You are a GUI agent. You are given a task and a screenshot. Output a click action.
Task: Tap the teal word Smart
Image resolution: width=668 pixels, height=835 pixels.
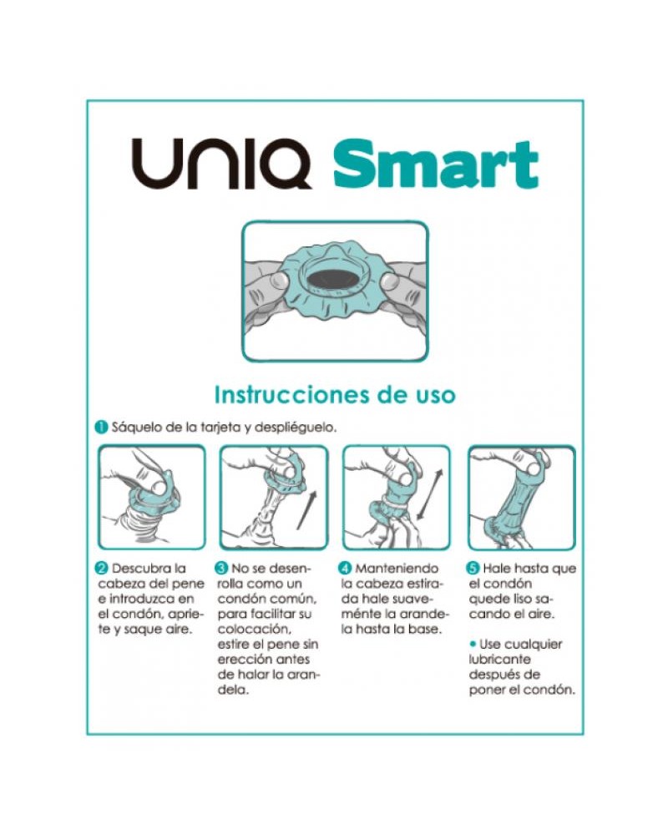click(x=435, y=164)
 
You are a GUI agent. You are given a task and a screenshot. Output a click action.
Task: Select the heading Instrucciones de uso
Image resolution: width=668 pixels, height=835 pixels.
click(x=335, y=393)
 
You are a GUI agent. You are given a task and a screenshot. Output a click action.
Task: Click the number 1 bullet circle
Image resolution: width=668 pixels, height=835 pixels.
click(x=99, y=428)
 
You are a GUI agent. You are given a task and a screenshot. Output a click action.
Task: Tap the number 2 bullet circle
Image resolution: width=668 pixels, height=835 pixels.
click(x=99, y=569)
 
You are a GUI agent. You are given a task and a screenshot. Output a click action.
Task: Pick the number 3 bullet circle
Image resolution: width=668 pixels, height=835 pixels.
click(x=222, y=569)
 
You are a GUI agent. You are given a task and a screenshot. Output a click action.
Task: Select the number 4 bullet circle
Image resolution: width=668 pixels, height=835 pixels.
click(x=347, y=569)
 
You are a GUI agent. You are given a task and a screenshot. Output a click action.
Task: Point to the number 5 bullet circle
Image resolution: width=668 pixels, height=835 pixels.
click(x=473, y=569)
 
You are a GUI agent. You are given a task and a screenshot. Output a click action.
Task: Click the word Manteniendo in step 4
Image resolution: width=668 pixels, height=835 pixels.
click(x=397, y=569)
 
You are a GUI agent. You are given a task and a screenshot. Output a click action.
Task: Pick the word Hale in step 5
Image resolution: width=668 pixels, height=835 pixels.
click(x=498, y=569)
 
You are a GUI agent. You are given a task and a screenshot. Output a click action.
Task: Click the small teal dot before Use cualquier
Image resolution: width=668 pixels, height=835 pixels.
click(x=473, y=644)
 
